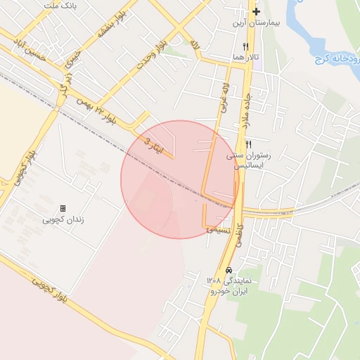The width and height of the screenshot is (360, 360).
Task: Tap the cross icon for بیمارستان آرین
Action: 257,11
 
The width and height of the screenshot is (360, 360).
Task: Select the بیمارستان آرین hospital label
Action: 257,23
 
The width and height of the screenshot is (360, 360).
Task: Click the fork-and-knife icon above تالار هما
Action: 245,46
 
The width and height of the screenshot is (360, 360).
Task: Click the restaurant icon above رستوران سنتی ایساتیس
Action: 248,143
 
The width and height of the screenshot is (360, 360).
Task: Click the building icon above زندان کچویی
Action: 63,209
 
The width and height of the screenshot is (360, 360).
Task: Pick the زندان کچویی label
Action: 63,219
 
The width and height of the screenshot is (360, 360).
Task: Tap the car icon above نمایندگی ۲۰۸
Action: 229,270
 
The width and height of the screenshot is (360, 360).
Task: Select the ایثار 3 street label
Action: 157,148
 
